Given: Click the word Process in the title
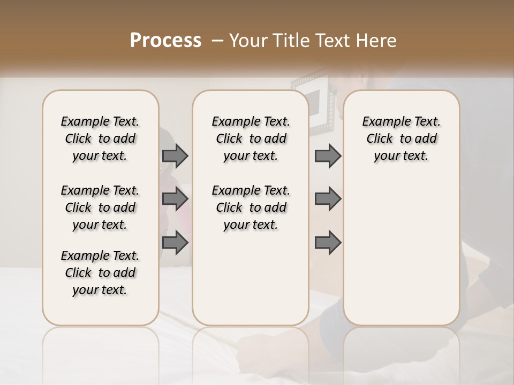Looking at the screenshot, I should tap(165, 41).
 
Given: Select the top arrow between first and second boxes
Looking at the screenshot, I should tap(175, 156).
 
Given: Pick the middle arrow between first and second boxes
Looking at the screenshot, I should tap(175, 199).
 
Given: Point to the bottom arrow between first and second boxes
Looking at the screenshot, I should tap(175, 243).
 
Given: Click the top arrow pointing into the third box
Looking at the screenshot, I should tap(328, 156).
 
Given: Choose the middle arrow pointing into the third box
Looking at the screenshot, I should tap(328, 199).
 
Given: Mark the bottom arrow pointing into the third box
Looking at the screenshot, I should tap(328, 243).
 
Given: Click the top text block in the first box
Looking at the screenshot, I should tap(100, 138).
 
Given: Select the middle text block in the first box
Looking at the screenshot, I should tap(100, 207).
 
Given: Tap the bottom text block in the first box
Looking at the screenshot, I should tap(100, 273).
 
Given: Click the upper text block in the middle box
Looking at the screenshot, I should tap(251, 138).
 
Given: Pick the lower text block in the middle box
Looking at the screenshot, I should tap(251, 207).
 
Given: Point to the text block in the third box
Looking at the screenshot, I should tap(401, 138).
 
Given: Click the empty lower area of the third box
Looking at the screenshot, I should tap(401, 251).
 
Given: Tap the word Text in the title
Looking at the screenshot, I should tap(330, 41).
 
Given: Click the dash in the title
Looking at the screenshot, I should tap(217, 41).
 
